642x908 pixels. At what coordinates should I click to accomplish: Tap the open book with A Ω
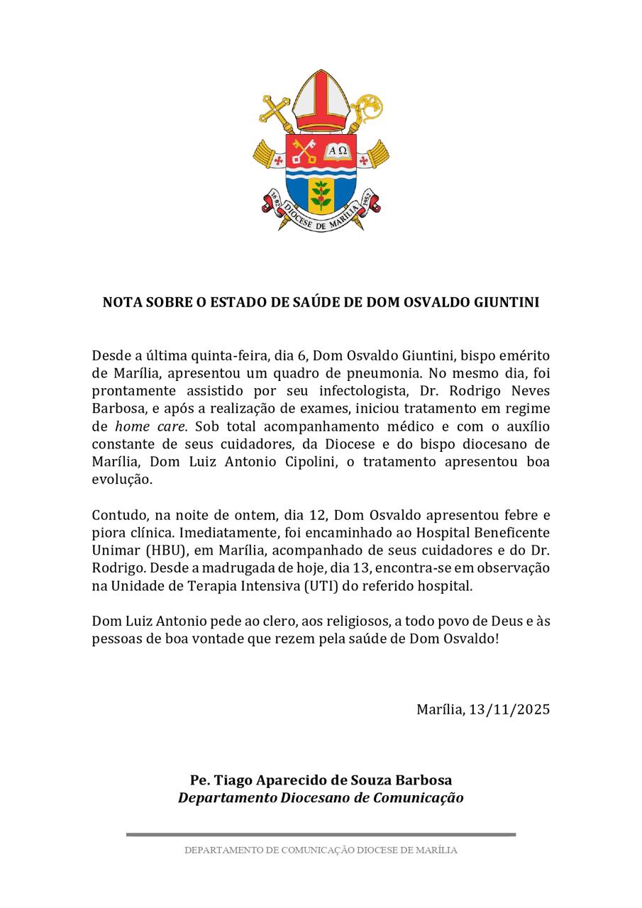pos(337,151)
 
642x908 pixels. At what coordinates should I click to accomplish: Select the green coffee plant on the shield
pos(321,195)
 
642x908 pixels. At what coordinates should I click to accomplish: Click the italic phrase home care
pos(150,426)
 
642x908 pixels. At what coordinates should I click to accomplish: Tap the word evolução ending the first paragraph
pos(122,480)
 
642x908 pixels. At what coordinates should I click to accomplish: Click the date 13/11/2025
pos(509,709)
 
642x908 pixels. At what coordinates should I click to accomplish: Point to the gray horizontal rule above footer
pos(321,834)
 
